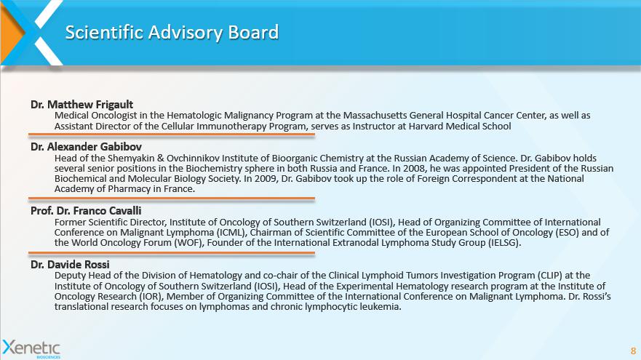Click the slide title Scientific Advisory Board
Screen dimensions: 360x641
tap(172, 33)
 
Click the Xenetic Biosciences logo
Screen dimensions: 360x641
tap(31, 348)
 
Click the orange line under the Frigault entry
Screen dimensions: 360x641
tap(171, 135)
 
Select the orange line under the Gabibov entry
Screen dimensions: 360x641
tap(171, 198)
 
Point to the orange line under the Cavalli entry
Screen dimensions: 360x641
tap(171, 253)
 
